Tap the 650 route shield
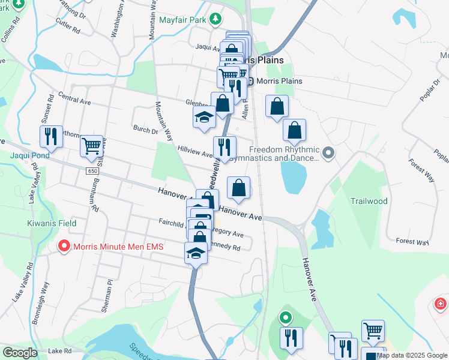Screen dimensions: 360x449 pyautogui.click(x=92, y=171)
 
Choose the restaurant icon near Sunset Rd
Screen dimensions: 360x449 pyautogui.click(x=51, y=137)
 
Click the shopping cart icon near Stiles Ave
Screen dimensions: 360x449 pyautogui.click(x=91, y=145)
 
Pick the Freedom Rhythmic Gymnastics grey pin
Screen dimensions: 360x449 pyautogui.click(x=328, y=153)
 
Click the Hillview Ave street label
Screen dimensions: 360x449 pyautogui.click(x=195, y=151)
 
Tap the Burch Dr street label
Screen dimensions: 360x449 pyautogui.click(x=145, y=129)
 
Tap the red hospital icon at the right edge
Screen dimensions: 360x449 pyautogui.click(x=441, y=305)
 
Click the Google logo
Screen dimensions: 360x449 pyautogui.click(x=20, y=353)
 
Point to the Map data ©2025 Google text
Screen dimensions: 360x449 pyautogui.click(x=412, y=355)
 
